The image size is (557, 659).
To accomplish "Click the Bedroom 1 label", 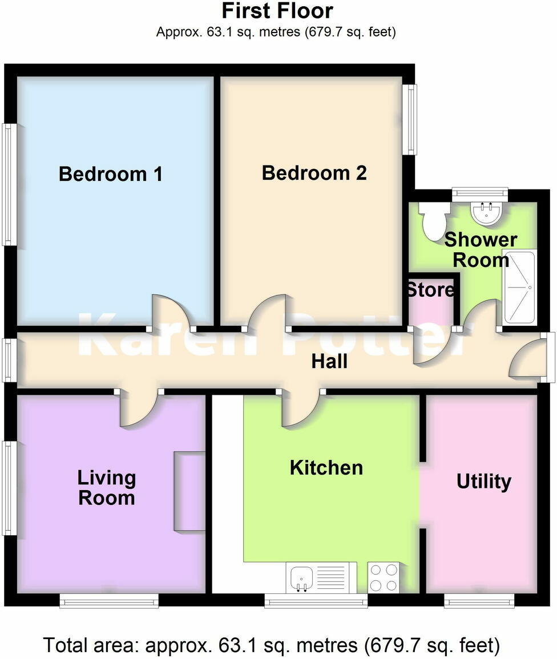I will coord(111,173).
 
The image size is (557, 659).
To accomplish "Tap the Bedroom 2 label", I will coord(314,172).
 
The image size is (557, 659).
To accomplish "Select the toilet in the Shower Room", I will coord(431,223).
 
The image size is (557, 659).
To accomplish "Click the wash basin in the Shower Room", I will coord(487,213).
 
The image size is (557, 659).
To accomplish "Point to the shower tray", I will coord(518,286).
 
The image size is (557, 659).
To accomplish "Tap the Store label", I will coord(431,290).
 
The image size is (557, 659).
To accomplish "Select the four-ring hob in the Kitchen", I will coord(384,577).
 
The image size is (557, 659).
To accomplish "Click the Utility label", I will coord(483,482).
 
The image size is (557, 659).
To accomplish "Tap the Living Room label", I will coord(107,488).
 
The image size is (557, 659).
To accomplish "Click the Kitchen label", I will coord(326,468).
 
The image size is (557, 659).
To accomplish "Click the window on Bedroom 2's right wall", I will coord(410,119).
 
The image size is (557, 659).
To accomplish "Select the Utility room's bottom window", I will coord(479,600).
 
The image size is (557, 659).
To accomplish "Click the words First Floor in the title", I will coord(277,11).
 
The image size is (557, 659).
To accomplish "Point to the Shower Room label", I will coord(481,249).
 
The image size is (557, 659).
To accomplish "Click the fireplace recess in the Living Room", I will coord(189,491).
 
